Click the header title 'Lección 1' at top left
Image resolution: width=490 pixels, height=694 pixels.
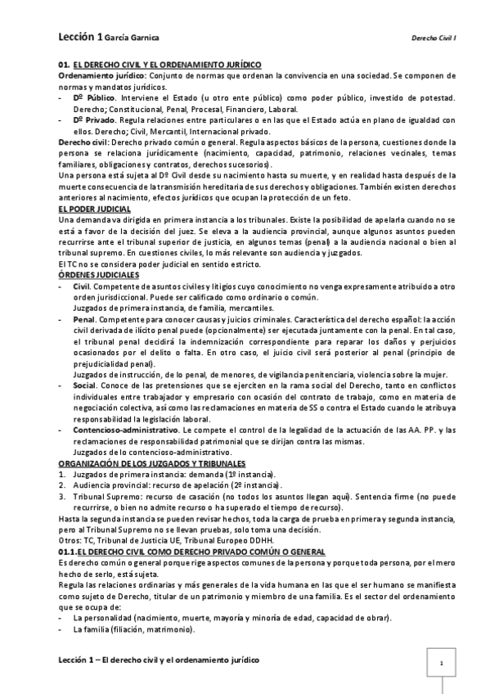point(80,38)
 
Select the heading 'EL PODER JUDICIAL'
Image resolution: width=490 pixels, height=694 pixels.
point(92,209)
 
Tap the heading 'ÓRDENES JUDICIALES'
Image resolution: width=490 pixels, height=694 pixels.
point(99,275)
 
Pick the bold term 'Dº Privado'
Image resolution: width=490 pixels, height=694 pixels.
point(94,119)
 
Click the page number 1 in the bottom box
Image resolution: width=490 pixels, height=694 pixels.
point(441,664)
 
